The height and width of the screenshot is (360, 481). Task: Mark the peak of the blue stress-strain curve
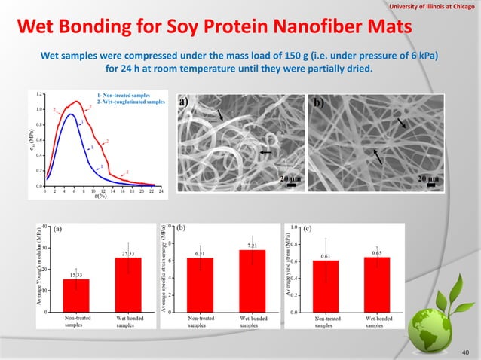tap(69, 115)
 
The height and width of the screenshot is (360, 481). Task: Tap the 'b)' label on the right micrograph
tap(317, 102)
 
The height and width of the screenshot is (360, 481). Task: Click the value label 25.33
tap(127, 253)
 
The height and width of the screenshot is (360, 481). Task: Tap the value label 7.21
tap(253, 246)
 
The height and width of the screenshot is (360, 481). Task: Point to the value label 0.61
tap(326, 257)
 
